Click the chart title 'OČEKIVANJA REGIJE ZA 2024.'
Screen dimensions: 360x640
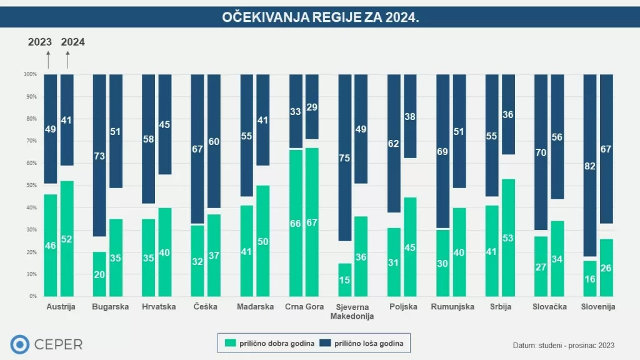[320, 17]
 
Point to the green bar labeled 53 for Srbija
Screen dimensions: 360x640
[509, 237]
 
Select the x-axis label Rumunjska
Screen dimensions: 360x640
[452, 307]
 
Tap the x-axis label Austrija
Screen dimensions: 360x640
[61, 307]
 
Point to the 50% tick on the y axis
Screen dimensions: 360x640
[31, 186]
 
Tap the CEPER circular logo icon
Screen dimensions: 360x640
[20, 344]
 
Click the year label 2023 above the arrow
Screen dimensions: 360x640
[40, 42]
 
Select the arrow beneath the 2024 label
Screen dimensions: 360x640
[67, 60]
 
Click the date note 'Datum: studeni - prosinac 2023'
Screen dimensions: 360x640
[562, 345]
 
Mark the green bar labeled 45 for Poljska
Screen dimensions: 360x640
[411, 247]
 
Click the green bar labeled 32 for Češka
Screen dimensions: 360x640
[197, 261]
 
